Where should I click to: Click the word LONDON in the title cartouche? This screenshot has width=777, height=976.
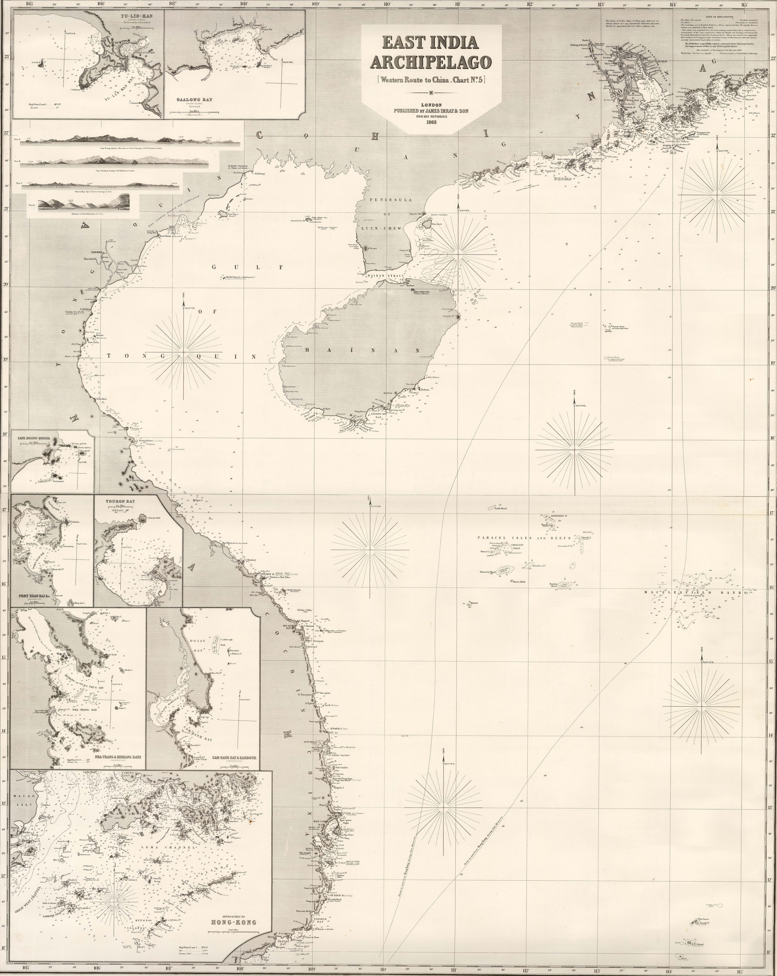coord(431,105)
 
